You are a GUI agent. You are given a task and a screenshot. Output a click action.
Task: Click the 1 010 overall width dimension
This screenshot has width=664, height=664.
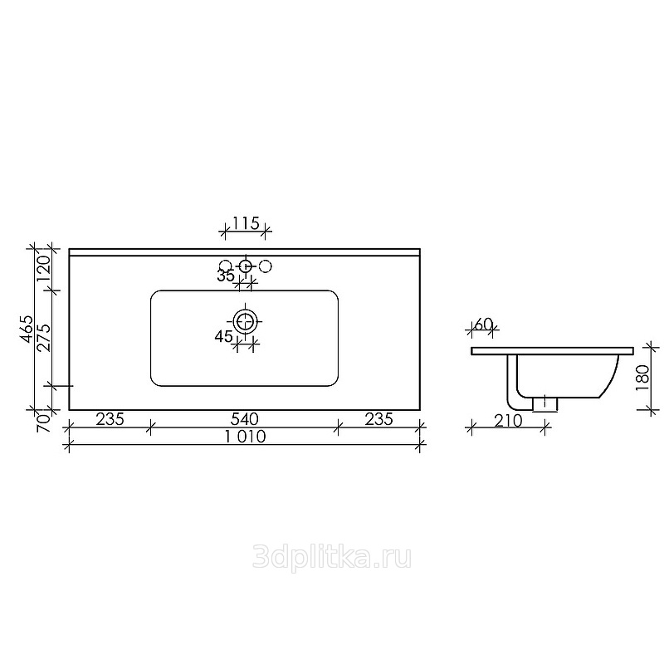click(245, 437)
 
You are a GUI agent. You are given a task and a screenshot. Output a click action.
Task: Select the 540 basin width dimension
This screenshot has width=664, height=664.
click(244, 419)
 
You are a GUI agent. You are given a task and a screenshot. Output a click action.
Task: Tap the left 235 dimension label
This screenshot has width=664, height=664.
click(110, 419)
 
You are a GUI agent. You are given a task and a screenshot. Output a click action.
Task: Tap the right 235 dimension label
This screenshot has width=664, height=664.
click(379, 419)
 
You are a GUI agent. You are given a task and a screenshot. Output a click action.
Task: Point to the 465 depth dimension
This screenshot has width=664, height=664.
click(27, 329)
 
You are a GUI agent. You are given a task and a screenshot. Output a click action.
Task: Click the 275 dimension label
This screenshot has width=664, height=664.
click(44, 338)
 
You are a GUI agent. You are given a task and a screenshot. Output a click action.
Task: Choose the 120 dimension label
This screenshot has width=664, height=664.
click(44, 269)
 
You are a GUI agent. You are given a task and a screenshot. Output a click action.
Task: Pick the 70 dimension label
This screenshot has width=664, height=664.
click(44, 422)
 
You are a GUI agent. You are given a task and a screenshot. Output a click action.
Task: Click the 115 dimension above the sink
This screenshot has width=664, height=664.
click(246, 222)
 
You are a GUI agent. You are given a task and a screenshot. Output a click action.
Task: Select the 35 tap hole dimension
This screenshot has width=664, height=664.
click(226, 276)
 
